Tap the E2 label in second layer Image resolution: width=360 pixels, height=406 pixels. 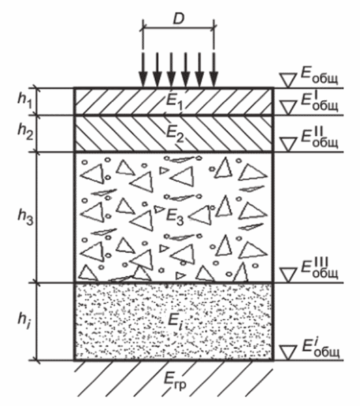pyautogui.click(x=175, y=134)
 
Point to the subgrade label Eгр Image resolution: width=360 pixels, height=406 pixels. pyautogui.click(x=175, y=382)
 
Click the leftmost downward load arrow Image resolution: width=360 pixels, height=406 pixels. pyautogui.click(x=142, y=70)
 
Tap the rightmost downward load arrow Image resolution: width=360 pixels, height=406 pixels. pyautogui.click(x=213, y=70)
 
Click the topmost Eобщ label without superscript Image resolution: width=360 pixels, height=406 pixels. pyautogui.click(x=319, y=76)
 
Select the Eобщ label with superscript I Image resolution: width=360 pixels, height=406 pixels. pyautogui.click(x=319, y=101)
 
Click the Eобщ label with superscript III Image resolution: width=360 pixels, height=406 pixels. pyautogui.click(x=319, y=268)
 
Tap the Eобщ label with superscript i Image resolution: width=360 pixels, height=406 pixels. pyautogui.click(x=320, y=347)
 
